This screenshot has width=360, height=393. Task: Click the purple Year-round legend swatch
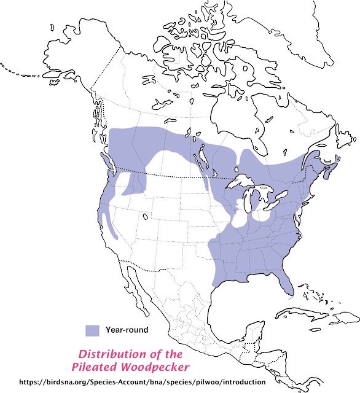(92, 330)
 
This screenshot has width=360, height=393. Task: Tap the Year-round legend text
(127, 330)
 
